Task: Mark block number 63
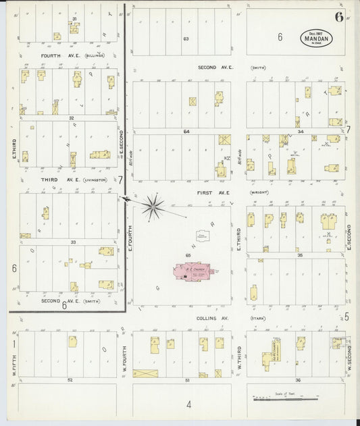pos(186,38)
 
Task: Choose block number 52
pos(70,380)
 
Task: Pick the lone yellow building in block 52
pos(72,342)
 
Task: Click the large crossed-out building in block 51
pos(145,373)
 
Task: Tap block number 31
pos(74,18)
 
